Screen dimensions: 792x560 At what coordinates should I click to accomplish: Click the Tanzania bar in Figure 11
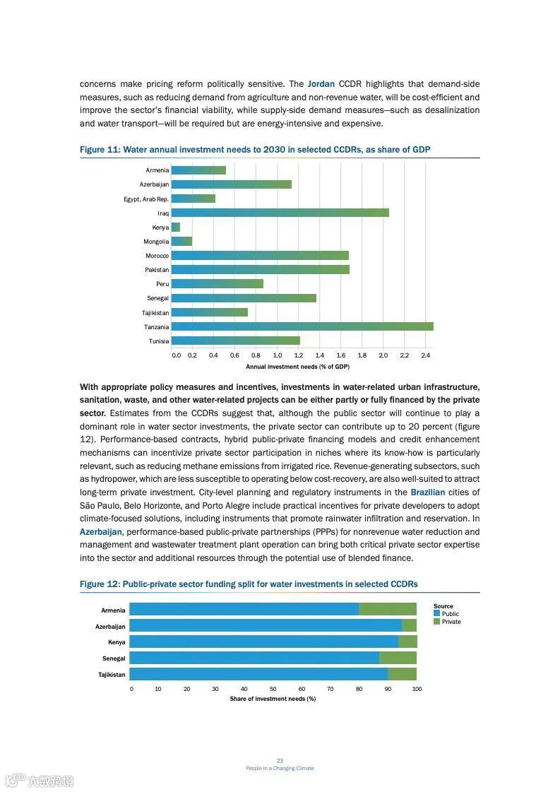tap(302, 326)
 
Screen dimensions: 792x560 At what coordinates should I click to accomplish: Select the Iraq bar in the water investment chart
tap(280, 213)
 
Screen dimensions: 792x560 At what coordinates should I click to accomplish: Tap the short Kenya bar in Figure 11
tap(176, 227)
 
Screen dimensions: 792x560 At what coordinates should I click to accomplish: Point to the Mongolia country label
tap(156, 242)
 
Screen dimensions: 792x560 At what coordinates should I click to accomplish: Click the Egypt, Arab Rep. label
tap(146, 199)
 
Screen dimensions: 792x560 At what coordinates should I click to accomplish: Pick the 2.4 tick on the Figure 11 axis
tap(426, 355)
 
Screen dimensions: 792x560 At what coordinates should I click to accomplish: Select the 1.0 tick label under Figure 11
tap(277, 355)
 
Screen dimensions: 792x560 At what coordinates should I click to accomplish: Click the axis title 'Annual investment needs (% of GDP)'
tap(297, 367)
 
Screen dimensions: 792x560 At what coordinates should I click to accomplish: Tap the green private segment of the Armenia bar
tap(388, 610)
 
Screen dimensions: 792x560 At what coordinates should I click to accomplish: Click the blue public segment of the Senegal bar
tap(254, 658)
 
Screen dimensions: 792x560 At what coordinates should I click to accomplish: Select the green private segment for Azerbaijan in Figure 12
tap(409, 626)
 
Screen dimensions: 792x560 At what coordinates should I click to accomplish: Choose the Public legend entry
tap(450, 614)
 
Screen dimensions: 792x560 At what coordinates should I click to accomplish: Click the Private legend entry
tap(451, 622)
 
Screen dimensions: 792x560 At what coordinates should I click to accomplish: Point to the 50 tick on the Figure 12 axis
tap(273, 689)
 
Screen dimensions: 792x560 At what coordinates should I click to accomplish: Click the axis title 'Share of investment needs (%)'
tap(273, 699)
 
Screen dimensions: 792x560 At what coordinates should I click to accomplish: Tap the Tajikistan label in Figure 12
tap(112, 675)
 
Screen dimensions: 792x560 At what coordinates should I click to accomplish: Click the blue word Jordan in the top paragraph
tap(321, 84)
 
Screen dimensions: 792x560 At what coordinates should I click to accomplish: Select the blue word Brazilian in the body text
tap(427, 492)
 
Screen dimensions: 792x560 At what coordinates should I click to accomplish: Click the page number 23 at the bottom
tap(280, 760)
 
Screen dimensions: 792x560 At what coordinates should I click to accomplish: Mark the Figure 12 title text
tap(249, 584)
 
